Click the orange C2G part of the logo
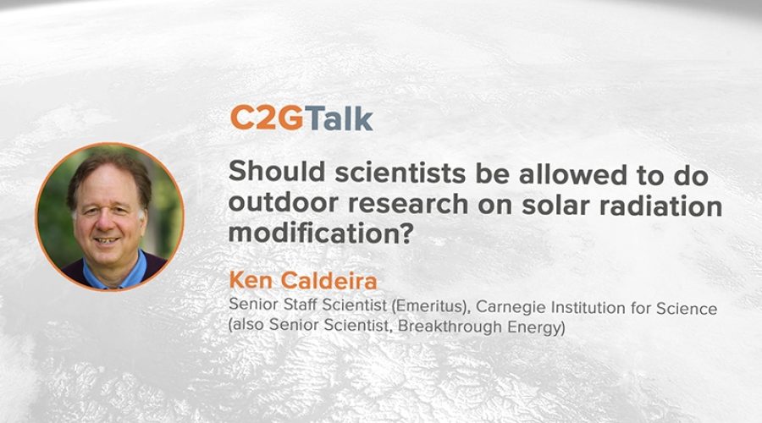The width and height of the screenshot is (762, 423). tap(267, 118)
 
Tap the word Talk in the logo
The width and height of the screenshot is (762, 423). tap(338, 118)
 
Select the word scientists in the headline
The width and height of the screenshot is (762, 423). tap(400, 173)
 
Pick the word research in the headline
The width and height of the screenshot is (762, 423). tap(408, 205)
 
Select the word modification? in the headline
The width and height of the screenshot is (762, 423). tap(321, 234)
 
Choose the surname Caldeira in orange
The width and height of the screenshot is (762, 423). tap(329, 281)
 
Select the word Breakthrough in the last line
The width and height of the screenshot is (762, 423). tap(450, 327)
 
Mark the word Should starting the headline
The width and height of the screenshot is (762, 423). tap(277, 171)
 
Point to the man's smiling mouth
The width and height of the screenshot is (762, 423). tap(107, 240)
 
